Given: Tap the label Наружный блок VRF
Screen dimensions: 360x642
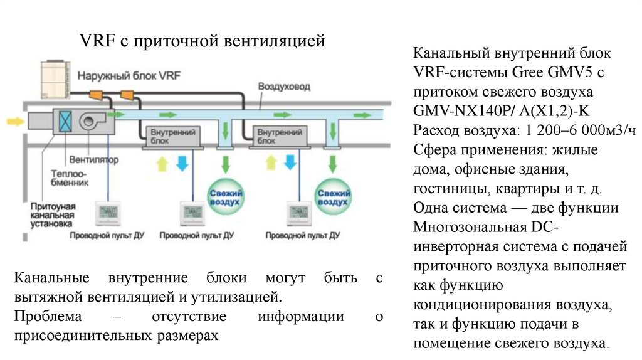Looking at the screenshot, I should point(120,76).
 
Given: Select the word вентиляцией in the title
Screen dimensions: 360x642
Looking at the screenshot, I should point(274,42).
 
